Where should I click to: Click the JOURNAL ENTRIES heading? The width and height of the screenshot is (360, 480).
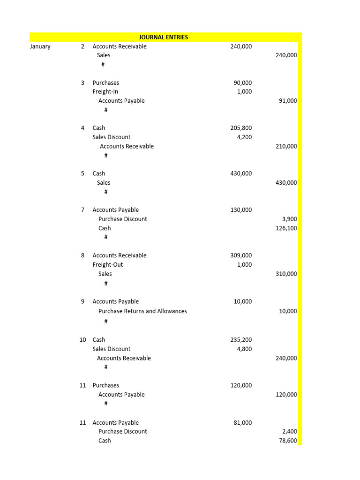[164, 37]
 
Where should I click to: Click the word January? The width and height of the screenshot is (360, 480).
[40, 46]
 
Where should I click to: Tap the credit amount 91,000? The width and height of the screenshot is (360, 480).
[287, 101]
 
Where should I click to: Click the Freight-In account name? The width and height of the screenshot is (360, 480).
[105, 92]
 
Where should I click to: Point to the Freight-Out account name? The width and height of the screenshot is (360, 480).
[108, 265]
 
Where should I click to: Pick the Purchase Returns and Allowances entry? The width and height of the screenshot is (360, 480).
[142, 311]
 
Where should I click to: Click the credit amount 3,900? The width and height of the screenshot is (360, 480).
[290, 219]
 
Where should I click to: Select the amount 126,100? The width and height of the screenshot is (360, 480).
[286, 228]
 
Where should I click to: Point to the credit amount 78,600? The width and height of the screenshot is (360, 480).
[287, 441]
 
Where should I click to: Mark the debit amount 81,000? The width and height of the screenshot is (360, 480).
[242, 423]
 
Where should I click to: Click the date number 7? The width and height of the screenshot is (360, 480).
[82, 210]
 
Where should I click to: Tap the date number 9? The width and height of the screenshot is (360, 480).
[82, 301]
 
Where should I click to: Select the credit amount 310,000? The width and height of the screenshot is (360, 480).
[286, 274]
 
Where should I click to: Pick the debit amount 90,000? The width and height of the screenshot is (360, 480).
[242, 83]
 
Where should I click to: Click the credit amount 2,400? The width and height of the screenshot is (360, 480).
[290, 432]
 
